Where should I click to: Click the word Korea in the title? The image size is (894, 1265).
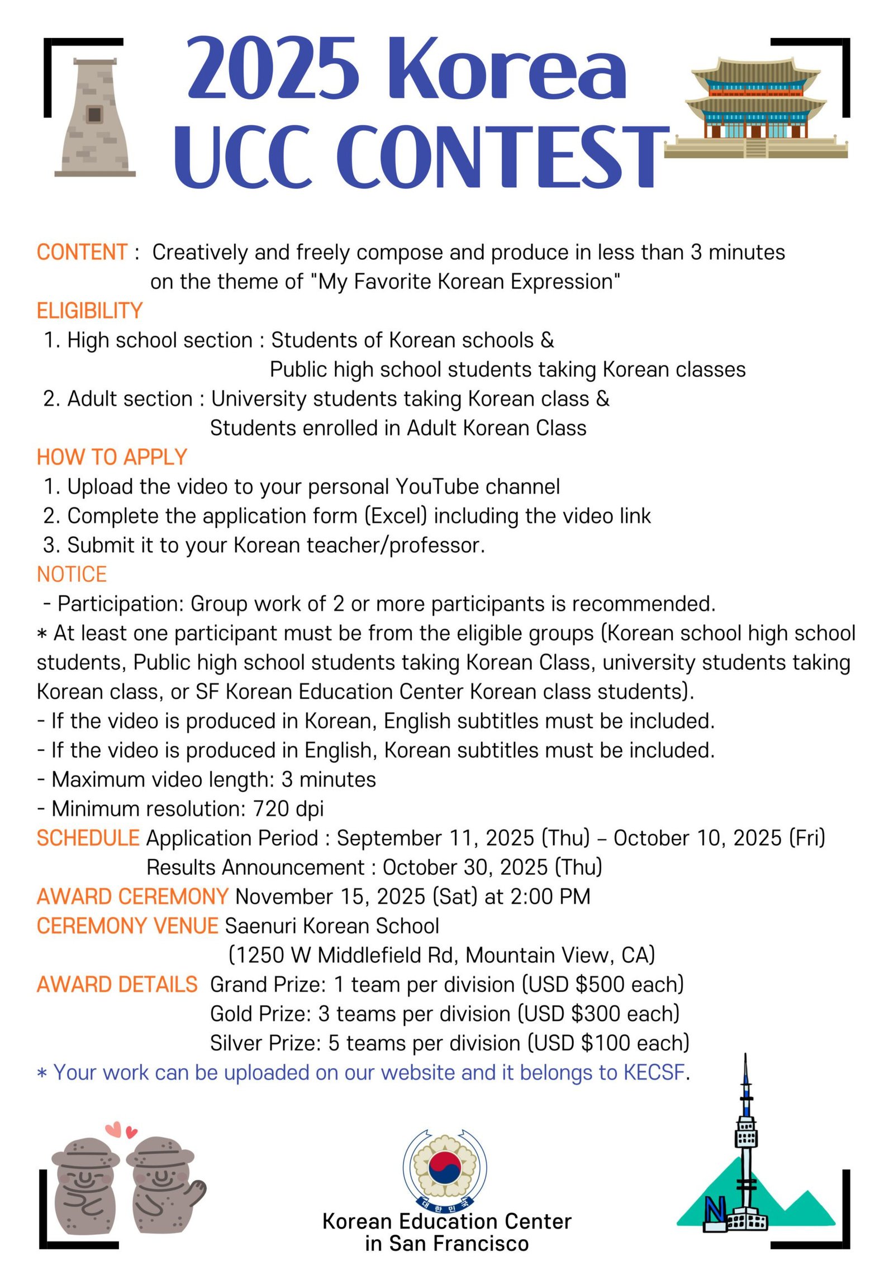(x=512, y=69)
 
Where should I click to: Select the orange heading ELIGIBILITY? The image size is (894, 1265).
(x=89, y=311)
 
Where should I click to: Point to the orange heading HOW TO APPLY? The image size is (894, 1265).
(x=112, y=457)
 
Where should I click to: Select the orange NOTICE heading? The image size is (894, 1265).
(x=72, y=575)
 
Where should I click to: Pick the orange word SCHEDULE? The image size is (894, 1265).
(x=88, y=838)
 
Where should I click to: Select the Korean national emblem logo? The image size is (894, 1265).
(x=445, y=1168)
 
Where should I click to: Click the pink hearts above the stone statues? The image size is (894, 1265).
(x=121, y=1130)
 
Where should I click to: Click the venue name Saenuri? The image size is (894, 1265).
(x=261, y=926)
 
